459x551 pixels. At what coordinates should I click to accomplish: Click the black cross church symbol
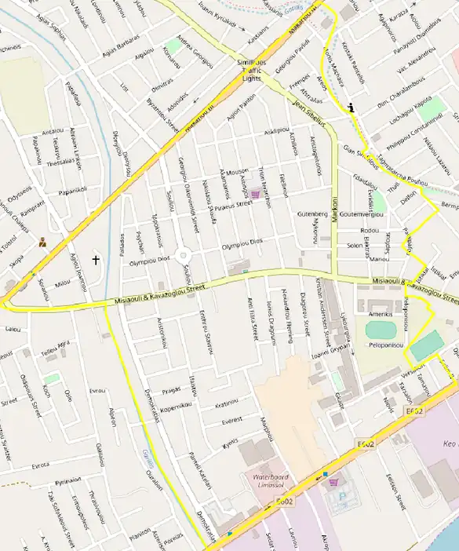point(97,259)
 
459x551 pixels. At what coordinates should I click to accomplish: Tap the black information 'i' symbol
point(352,108)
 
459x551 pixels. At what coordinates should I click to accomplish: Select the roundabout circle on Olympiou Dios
point(184,255)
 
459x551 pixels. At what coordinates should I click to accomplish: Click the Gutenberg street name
point(311,213)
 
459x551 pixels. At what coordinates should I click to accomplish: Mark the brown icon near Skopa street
point(42,243)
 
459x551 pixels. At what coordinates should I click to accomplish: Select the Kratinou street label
point(226,403)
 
